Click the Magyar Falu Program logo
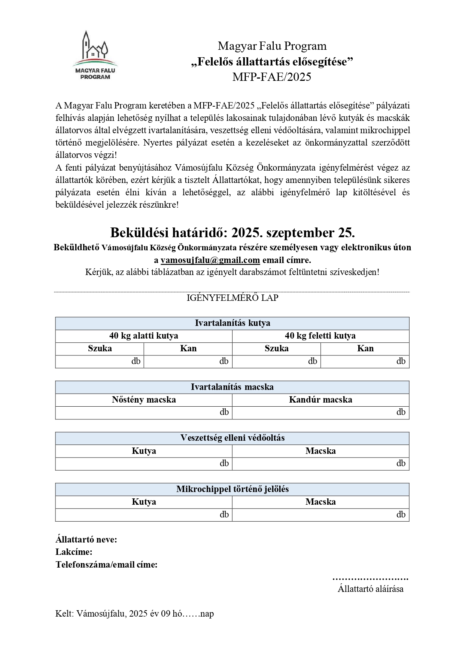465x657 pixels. (x=95, y=55)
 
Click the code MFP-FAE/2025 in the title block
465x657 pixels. (x=271, y=77)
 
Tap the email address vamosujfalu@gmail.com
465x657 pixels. (x=210, y=260)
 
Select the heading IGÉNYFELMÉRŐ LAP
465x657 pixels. (x=232, y=298)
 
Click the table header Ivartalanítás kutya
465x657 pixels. (x=232, y=323)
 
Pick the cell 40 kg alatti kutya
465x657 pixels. (x=143, y=336)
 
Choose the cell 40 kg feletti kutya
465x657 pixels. (x=320, y=336)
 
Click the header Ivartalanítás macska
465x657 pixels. (x=232, y=387)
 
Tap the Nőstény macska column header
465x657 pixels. (x=143, y=400)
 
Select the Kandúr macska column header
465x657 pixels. (x=320, y=400)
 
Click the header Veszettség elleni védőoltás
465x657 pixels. (x=232, y=438)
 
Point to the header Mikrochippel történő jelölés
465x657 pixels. (x=232, y=489)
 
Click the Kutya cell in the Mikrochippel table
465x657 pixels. (x=143, y=502)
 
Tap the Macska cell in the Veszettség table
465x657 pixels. (x=320, y=451)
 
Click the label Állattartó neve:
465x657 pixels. (x=86, y=540)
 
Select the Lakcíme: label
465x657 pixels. (x=74, y=552)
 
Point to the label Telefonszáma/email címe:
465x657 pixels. (x=106, y=565)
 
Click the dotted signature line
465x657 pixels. (x=370, y=578)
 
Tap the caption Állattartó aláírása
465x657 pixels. (x=370, y=589)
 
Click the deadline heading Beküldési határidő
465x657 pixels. (x=232, y=233)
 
